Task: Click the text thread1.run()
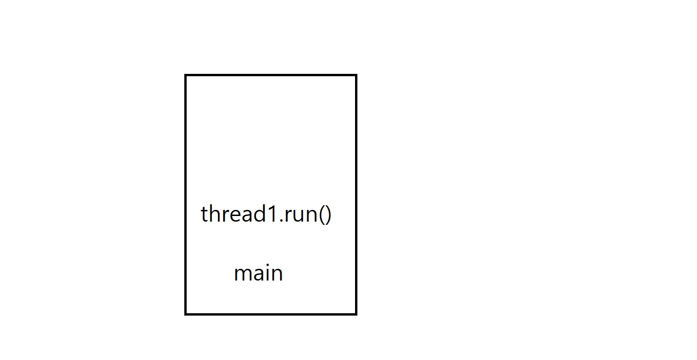pyautogui.click(x=266, y=214)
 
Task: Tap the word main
pyautogui.click(x=258, y=273)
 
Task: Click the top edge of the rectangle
pyautogui.click(x=271, y=75)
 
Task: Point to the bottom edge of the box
pyautogui.click(x=271, y=314)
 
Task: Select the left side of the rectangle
pyautogui.click(x=185, y=194)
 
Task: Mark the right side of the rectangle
pyautogui.click(x=356, y=194)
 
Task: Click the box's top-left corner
pyautogui.click(x=185, y=75)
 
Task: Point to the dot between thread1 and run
pyautogui.click(x=282, y=220)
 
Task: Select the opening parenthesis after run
pyautogui.click(x=321, y=215)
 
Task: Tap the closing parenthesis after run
pyautogui.click(x=328, y=215)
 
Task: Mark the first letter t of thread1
pyautogui.click(x=204, y=215)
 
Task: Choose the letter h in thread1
pyautogui.click(x=215, y=214)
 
